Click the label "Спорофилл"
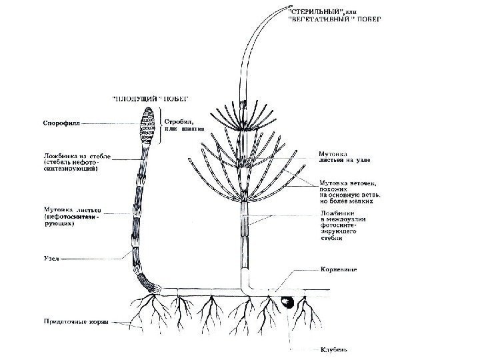coord(58,123)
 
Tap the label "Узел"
coord(51,256)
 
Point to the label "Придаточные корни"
coord(73,321)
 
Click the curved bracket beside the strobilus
coord(160,127)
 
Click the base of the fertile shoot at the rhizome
coord(157,288)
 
